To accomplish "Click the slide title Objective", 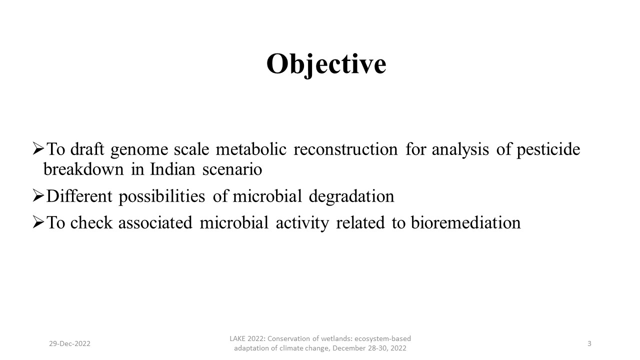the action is pos(326,64).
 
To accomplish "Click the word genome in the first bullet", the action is pos(139,149).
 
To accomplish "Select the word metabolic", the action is pos(251,149).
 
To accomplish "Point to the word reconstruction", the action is pos(345,149).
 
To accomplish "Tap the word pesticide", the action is pos(548,149).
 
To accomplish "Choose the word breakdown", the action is pos(83,169).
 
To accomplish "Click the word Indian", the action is pos(172,169).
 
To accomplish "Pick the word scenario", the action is pos(232,169).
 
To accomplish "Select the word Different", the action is pos(79,196).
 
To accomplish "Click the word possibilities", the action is pos(161,197).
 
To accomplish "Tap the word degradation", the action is pos(351,197).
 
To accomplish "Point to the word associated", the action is pos(155,222).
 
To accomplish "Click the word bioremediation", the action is pos(465,222).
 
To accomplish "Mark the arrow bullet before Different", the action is pos(38,195).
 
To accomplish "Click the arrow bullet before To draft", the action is pos(38,148).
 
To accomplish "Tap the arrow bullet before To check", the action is pos(38,222).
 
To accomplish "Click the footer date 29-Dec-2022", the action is pos(69,343).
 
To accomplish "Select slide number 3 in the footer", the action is pos(589,343).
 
